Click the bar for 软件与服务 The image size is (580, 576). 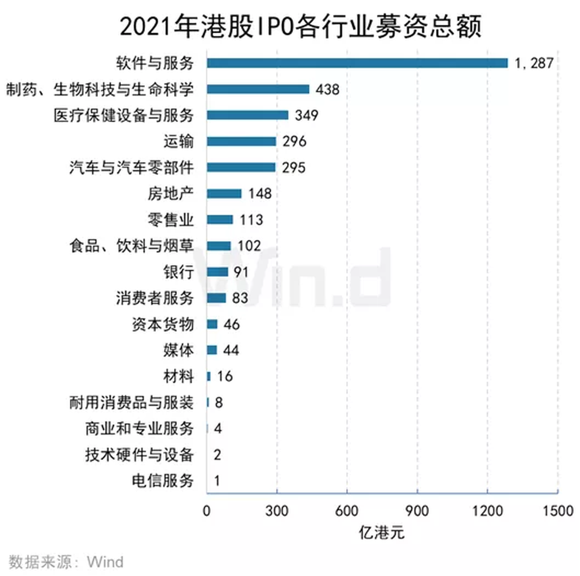(x=357, y=63)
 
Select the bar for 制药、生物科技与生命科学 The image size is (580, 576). (x=258, y=89)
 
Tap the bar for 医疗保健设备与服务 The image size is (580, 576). (x=248, y=115)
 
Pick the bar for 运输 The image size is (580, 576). (x=242, y=141)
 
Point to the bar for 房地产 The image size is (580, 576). (x=224, y=193)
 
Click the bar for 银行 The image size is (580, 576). (x=217, y=272)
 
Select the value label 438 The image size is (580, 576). (x=327, y=89)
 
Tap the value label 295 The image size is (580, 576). (x=293, y=167)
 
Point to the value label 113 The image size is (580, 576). (x=250, y=220)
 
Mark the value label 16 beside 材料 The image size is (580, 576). (x=225, y=377)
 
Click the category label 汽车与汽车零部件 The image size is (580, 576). (x=132, y=167)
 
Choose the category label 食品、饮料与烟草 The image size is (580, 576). (x=132, y=246)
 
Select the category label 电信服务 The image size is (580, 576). (x=163, y=481)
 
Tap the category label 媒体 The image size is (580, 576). (x=178, y=351)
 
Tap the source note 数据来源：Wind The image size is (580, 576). (x=66, y=561)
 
